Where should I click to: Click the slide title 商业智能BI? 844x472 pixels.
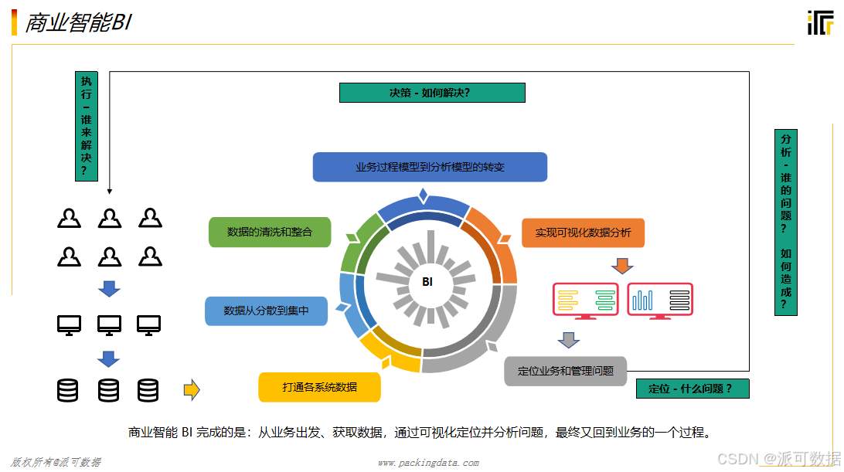point(78,23)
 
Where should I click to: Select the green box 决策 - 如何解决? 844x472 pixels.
point(432,93)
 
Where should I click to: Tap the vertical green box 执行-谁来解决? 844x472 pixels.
point(87,126)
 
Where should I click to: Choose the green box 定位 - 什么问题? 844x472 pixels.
point(692,389)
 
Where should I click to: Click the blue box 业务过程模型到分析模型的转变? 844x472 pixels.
point(430,167)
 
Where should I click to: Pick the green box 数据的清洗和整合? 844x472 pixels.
point(270,232)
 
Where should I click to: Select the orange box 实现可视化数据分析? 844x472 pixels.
point(583,233)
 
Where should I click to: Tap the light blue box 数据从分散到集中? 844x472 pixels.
point(266,311)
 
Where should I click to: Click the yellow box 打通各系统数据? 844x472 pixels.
point(319,387)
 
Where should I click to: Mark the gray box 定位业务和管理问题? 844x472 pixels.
point(565,371)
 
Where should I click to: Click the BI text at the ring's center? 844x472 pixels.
point(427,282)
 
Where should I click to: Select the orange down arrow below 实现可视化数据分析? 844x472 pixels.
point(622,266)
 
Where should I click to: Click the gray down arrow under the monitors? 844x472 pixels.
point(569,339)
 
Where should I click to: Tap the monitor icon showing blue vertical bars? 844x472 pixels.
point(660,301)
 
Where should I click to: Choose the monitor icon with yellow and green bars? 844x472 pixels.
point(586,301)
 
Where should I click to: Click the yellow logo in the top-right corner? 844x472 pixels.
point(820,23)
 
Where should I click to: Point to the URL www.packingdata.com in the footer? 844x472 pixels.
point(427,463)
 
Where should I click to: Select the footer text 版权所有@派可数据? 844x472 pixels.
point(56,462)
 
